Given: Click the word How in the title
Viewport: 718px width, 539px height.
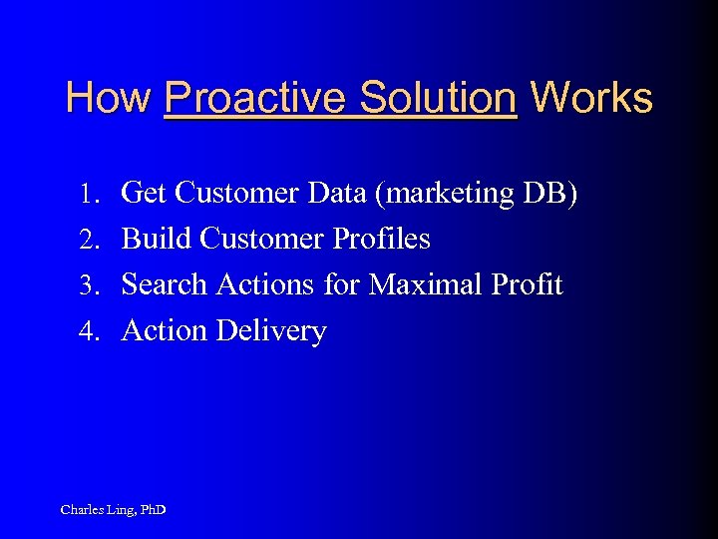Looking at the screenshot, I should click(108, 99).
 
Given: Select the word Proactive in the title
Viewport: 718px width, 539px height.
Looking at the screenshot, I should click(255, 99).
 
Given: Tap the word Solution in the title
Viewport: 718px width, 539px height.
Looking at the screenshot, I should click(438, 99).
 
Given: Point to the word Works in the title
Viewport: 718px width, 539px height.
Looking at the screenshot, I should click(591, 99).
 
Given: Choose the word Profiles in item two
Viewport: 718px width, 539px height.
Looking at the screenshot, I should click(384, 240).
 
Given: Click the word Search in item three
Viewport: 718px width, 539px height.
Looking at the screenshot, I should click(164, 285).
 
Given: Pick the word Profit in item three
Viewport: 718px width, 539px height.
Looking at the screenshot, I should click(528, 285).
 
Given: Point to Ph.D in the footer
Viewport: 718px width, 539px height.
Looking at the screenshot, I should click(153, 510).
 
